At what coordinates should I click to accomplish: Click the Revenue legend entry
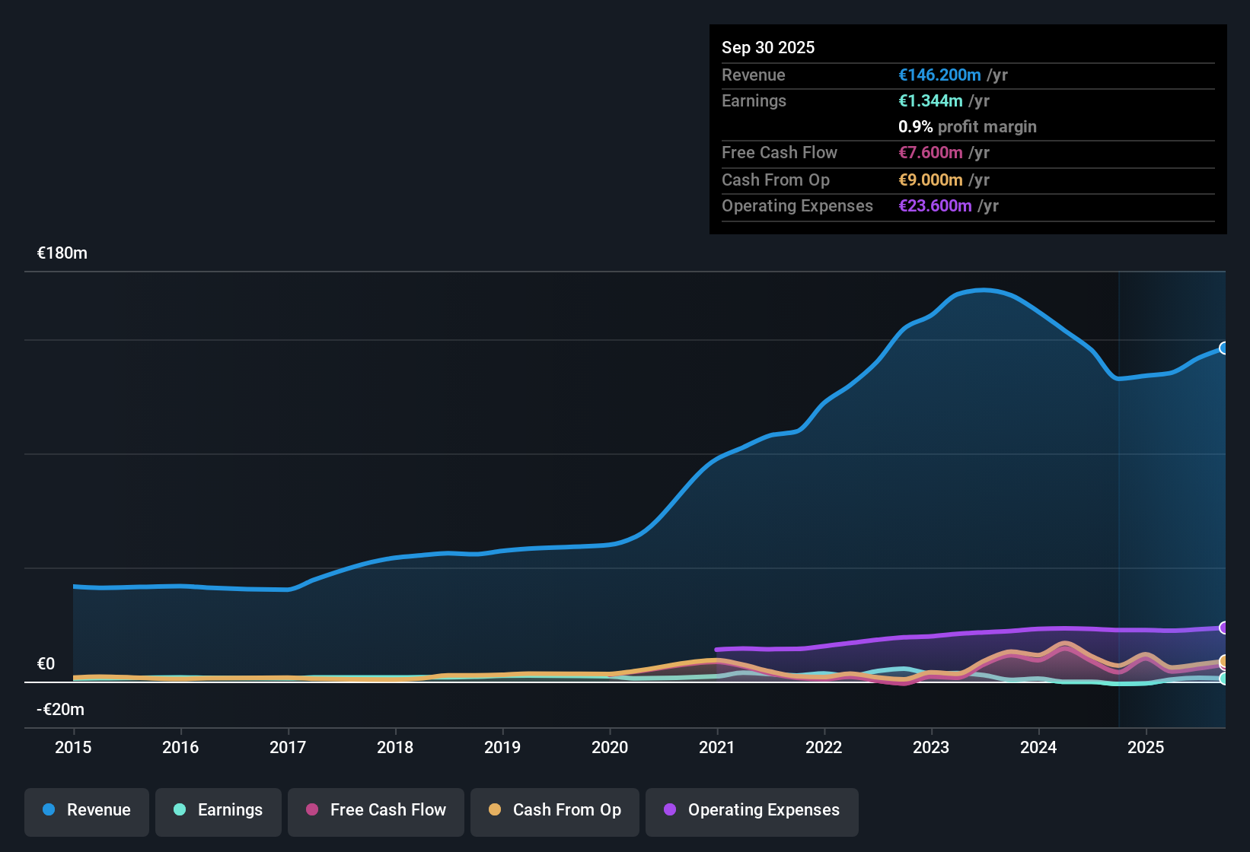point(87,810)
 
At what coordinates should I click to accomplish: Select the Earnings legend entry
point(218,810)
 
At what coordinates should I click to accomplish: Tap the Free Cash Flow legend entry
point(376,810)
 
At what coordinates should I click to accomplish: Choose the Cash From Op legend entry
point(555,810)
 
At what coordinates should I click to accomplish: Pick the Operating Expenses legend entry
point(752,810)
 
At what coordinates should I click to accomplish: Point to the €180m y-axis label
point(62,253)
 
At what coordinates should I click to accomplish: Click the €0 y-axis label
point(46,664)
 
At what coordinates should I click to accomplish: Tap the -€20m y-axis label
point(61,710)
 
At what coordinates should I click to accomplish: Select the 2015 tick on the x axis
point(73,748)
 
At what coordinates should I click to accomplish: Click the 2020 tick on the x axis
point(610,748)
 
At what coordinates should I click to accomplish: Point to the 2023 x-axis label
point(931,748)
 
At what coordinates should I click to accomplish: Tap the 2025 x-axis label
point(1146,748)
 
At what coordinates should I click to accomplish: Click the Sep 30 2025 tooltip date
point(768,48)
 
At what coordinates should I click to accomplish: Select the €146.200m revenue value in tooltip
point(939,75)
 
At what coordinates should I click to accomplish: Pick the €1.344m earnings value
point(930,101)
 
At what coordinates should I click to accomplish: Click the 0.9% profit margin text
point(967,127)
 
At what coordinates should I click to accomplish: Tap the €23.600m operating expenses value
point(935,206)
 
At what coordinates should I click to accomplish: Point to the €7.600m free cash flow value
point(930,153)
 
